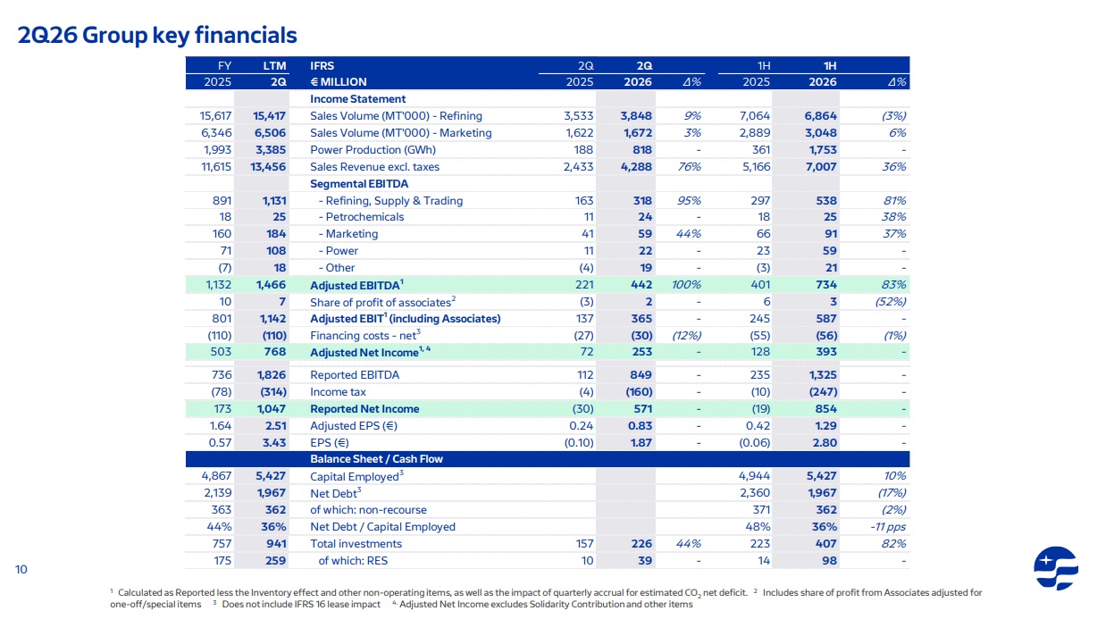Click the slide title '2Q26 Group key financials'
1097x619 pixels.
157,35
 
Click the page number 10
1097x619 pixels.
21,569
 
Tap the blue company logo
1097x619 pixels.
1055,568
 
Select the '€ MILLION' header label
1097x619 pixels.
339,82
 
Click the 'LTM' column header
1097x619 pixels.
274,65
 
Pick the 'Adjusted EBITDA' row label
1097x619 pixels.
356,285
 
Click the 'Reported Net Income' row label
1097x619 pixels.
364,409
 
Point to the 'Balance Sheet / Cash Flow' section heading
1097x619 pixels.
376,459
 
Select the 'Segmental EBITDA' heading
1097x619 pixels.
359,184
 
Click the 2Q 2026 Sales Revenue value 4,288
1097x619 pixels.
636,167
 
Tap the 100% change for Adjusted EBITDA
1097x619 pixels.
686,285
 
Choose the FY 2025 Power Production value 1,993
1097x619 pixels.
217,150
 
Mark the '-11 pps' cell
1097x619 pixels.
887,527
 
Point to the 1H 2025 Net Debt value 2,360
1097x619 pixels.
755,493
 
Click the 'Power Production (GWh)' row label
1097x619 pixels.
373,150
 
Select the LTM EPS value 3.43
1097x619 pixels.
273,443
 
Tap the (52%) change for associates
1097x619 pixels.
891,302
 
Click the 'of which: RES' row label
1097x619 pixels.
353,561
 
